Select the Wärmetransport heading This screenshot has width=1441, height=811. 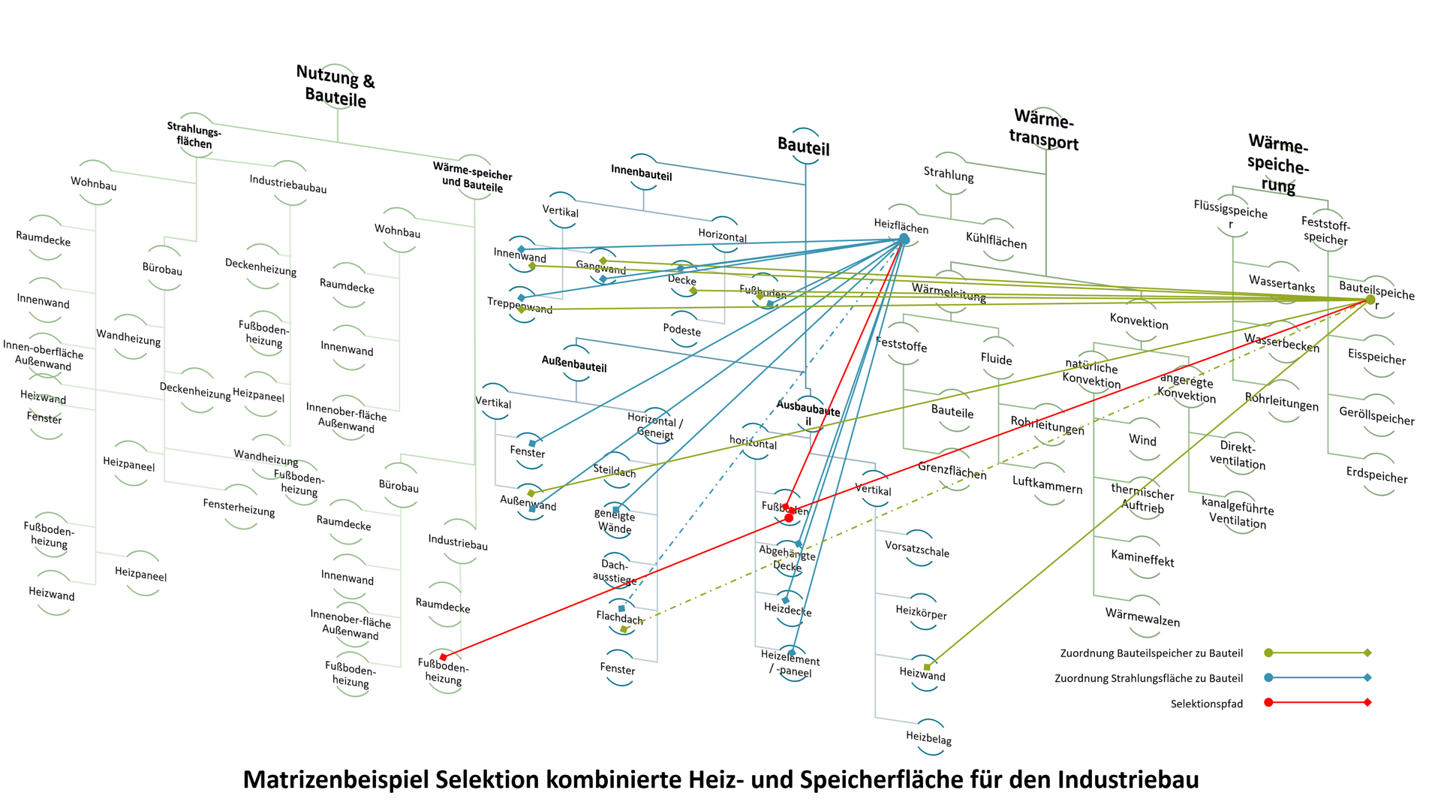1044,130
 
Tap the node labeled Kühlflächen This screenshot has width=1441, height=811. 996,241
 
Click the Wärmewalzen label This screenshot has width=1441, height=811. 1142,617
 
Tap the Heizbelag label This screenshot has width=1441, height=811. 928,738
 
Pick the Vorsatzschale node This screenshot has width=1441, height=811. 916,549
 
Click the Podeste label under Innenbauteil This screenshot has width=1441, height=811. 681,330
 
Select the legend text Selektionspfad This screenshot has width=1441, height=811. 1206,704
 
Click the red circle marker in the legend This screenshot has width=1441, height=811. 1268,703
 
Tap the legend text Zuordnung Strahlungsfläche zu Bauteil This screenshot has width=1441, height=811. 1148,678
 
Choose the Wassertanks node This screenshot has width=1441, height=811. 1281,284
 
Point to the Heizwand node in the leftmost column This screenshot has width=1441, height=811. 52,594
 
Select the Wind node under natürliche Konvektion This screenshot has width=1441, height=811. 1142,440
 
